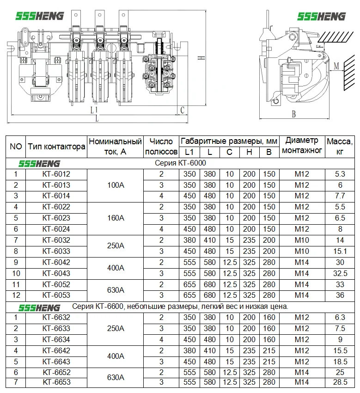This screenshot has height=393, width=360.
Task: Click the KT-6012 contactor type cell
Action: click(56, 174)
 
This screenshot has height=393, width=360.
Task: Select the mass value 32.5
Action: click(340, 273)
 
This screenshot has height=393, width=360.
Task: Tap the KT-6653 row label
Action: click(56, 382)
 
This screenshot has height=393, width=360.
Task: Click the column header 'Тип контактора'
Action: click(56, 147)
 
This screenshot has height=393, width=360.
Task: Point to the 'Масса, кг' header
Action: click(340, 147)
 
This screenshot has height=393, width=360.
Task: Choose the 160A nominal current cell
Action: click(115, 218)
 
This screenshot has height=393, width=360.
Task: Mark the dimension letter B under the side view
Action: click(293, 114)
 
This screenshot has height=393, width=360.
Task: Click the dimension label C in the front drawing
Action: click(183, 110)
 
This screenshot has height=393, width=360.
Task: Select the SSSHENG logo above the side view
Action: click(322, 17)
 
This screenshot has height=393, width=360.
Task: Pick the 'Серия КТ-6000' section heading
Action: click(180, 163)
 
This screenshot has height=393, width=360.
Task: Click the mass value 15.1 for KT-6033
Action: click(340, 252)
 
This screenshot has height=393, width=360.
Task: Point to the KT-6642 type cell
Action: click(56, 350)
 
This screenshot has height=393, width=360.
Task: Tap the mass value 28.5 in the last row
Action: click(340, 382)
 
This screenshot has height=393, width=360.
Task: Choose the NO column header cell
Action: click(16, 147)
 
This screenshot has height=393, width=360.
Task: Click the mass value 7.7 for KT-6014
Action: click(340, 196)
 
